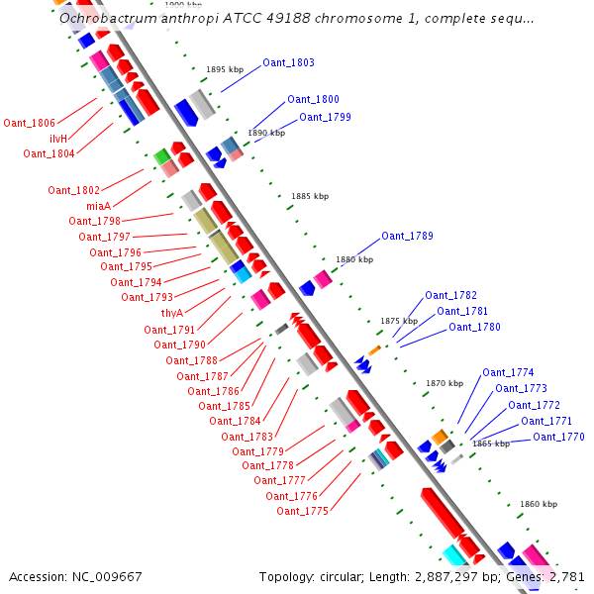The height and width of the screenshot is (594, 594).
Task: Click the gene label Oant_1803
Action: tap(288, 62)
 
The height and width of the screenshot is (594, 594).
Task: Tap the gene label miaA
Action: tap(98, 206)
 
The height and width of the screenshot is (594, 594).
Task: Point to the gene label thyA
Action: tap(172, 313)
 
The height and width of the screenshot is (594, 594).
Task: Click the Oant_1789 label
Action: tap(407, 236)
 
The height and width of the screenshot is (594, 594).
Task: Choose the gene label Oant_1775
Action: tap(302, 511)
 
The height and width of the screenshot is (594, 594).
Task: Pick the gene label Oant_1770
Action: tap(558, 437)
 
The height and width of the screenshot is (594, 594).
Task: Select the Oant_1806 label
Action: tap(29, 123)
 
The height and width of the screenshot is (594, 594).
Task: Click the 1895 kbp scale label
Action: tap(225, 69)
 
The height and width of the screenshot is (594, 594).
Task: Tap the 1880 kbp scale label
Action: tap(354, 259)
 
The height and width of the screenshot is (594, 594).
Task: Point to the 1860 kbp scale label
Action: tap(539, 504)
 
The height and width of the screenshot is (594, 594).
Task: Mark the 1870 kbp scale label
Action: tap(445, 382)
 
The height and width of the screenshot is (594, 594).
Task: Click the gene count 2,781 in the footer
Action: tap(565, 576)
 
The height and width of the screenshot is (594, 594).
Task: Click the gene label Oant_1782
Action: tap(450, 295)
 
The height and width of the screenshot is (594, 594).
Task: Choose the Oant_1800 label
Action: tap(313, 99)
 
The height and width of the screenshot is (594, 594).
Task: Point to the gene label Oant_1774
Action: tap(508, 372)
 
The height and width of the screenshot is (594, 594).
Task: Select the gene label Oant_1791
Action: tap(169, 330)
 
